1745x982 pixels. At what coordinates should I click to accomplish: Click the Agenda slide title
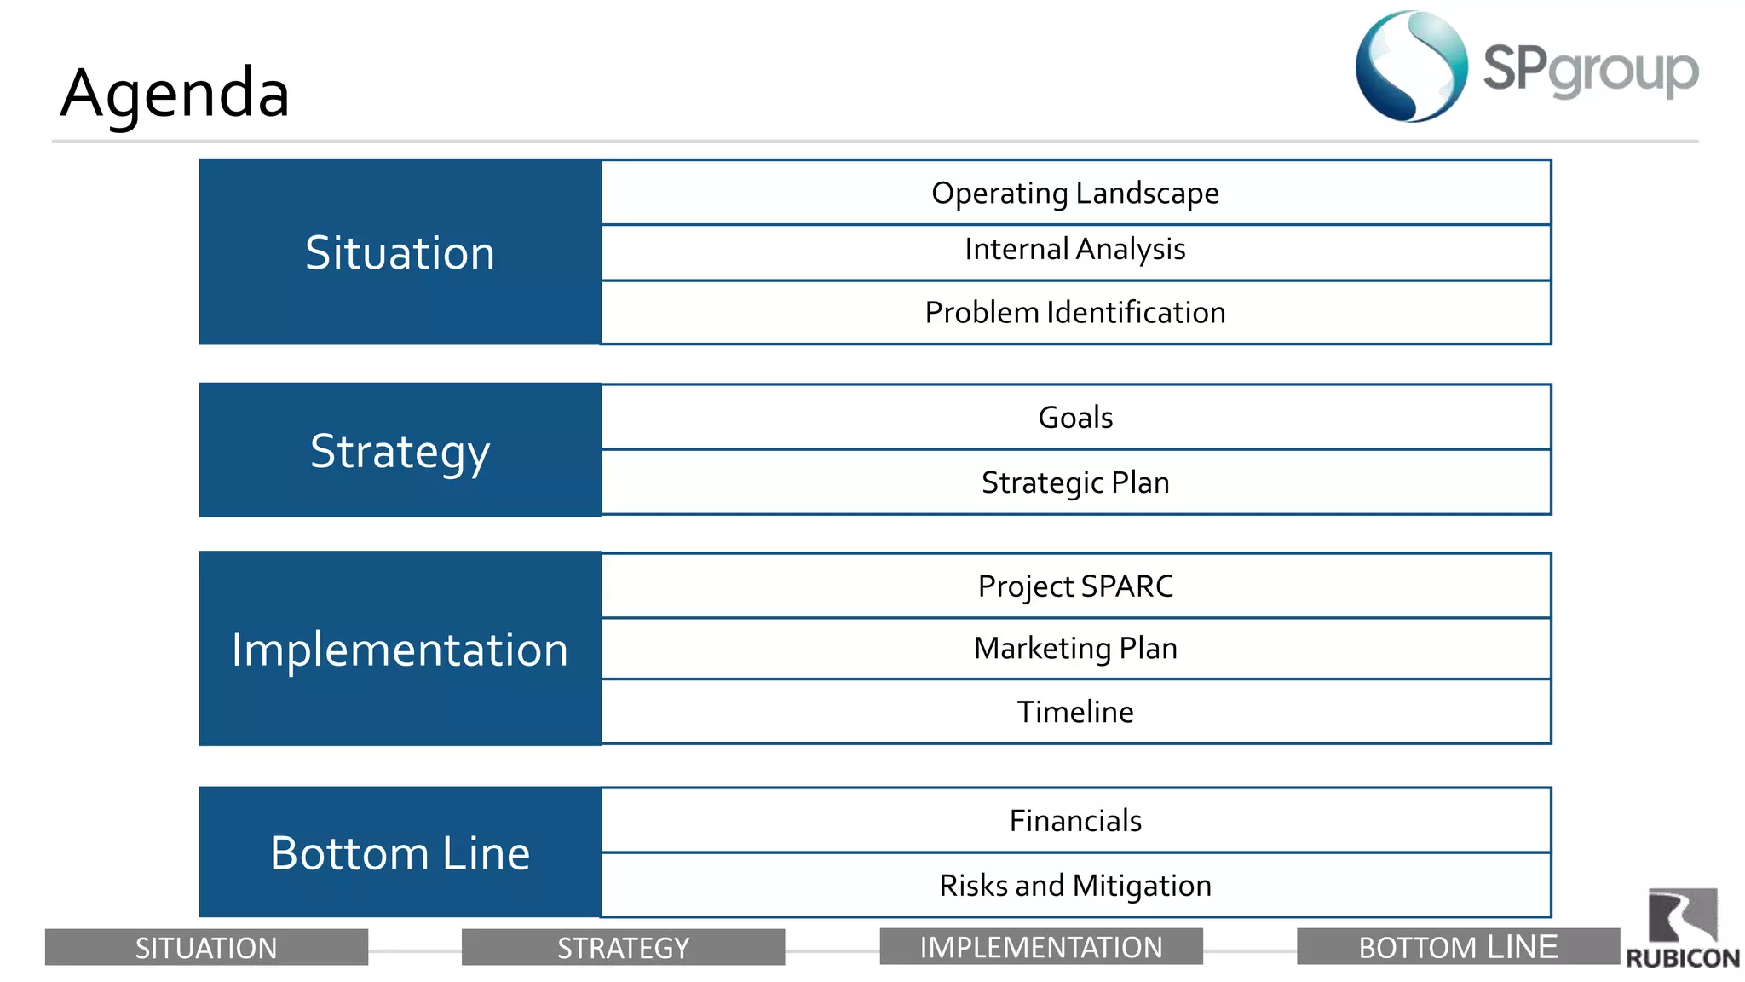point(175,92)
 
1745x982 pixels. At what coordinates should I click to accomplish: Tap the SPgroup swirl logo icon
point(1411,66)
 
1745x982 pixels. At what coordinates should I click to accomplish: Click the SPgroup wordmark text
point(1590,70)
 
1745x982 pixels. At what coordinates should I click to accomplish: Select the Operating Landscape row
point(1075,193)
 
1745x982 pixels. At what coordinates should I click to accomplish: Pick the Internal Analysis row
point(1075,250)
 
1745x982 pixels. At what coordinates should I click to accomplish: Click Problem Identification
point(1075,313)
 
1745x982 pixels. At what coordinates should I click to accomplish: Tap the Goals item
point(1075,418)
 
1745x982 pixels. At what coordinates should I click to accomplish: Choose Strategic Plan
point(1075,482)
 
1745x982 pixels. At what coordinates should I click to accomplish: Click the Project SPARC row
point(1075,586)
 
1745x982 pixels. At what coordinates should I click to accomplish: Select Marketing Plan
point(1075,649)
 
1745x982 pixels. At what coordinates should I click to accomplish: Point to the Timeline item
point(1075,712)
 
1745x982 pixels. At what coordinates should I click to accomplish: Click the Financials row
point(1075,821)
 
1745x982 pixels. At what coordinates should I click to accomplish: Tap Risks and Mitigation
point(1075,886)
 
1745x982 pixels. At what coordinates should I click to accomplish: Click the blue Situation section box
point(400,252)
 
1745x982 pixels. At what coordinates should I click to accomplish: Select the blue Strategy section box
point(400,450)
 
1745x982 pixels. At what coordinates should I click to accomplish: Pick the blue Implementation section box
point(400,649)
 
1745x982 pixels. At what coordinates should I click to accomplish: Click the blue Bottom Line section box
point(400,852)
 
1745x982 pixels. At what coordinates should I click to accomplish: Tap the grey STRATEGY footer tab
point(623,947)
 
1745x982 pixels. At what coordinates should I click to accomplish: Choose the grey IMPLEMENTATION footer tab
point(1040,947)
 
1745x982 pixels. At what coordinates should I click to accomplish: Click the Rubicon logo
point(1682,929)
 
